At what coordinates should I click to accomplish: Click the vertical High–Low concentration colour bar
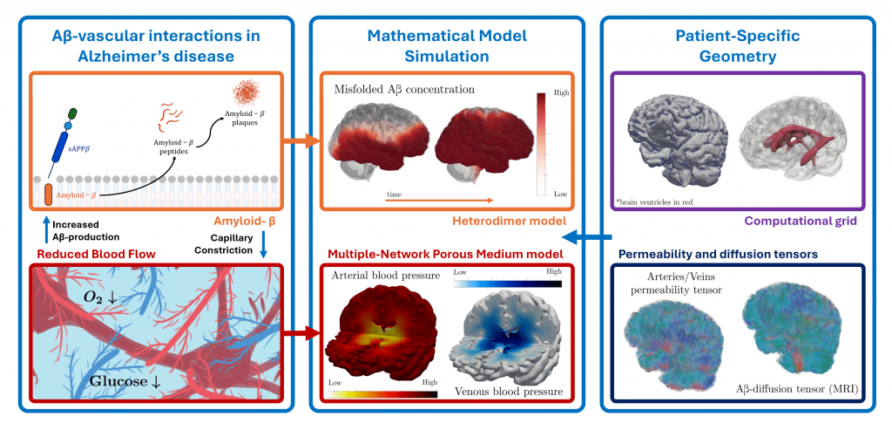click(x=541, y=142)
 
